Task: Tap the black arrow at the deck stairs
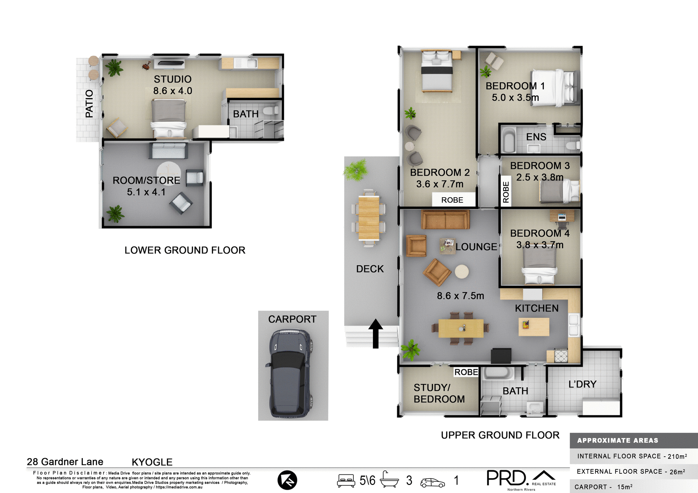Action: [x=376, y=334]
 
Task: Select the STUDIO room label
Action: [x=172, y=79]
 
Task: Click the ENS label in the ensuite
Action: [x=536, y=137]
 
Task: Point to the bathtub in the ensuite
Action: [x=509, y=140]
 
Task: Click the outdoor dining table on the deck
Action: [x=369, y=218]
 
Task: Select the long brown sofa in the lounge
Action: [x=445, y=219]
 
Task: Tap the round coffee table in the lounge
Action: [x=462, y=271]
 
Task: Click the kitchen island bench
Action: [x=534, y=327]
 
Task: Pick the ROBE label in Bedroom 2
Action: [x=452, y=200]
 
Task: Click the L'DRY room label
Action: [x=582, y=384]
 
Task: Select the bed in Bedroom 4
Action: [x=539, y=267]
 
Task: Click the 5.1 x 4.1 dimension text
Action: [x=146, y=192]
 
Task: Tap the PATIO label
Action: [x=89, y=104]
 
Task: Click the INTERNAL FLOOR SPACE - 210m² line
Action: [x=632, y=456]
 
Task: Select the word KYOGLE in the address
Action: [x=152, y=462]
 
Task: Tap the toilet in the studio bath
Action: [x=270, y=111]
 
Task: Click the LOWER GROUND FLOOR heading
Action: [x=185, y=250]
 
